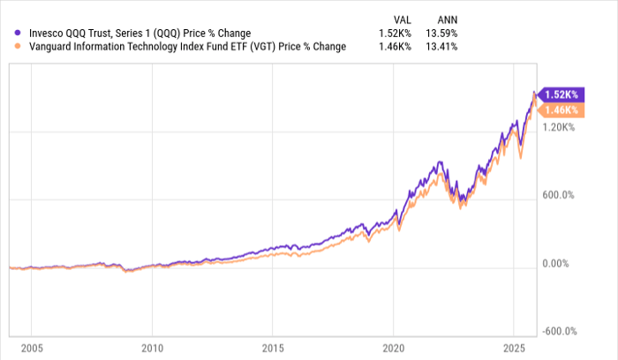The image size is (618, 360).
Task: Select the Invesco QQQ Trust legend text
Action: (133, 34)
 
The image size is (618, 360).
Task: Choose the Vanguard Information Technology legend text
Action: (181, 47)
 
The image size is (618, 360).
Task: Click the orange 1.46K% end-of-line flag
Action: (560, 110)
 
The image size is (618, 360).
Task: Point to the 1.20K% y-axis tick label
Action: (560, 127)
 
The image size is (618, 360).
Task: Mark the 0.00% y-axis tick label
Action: (560, 264)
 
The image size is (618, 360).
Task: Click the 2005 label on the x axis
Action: (31, 349)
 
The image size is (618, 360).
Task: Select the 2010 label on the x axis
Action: (153, 349)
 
